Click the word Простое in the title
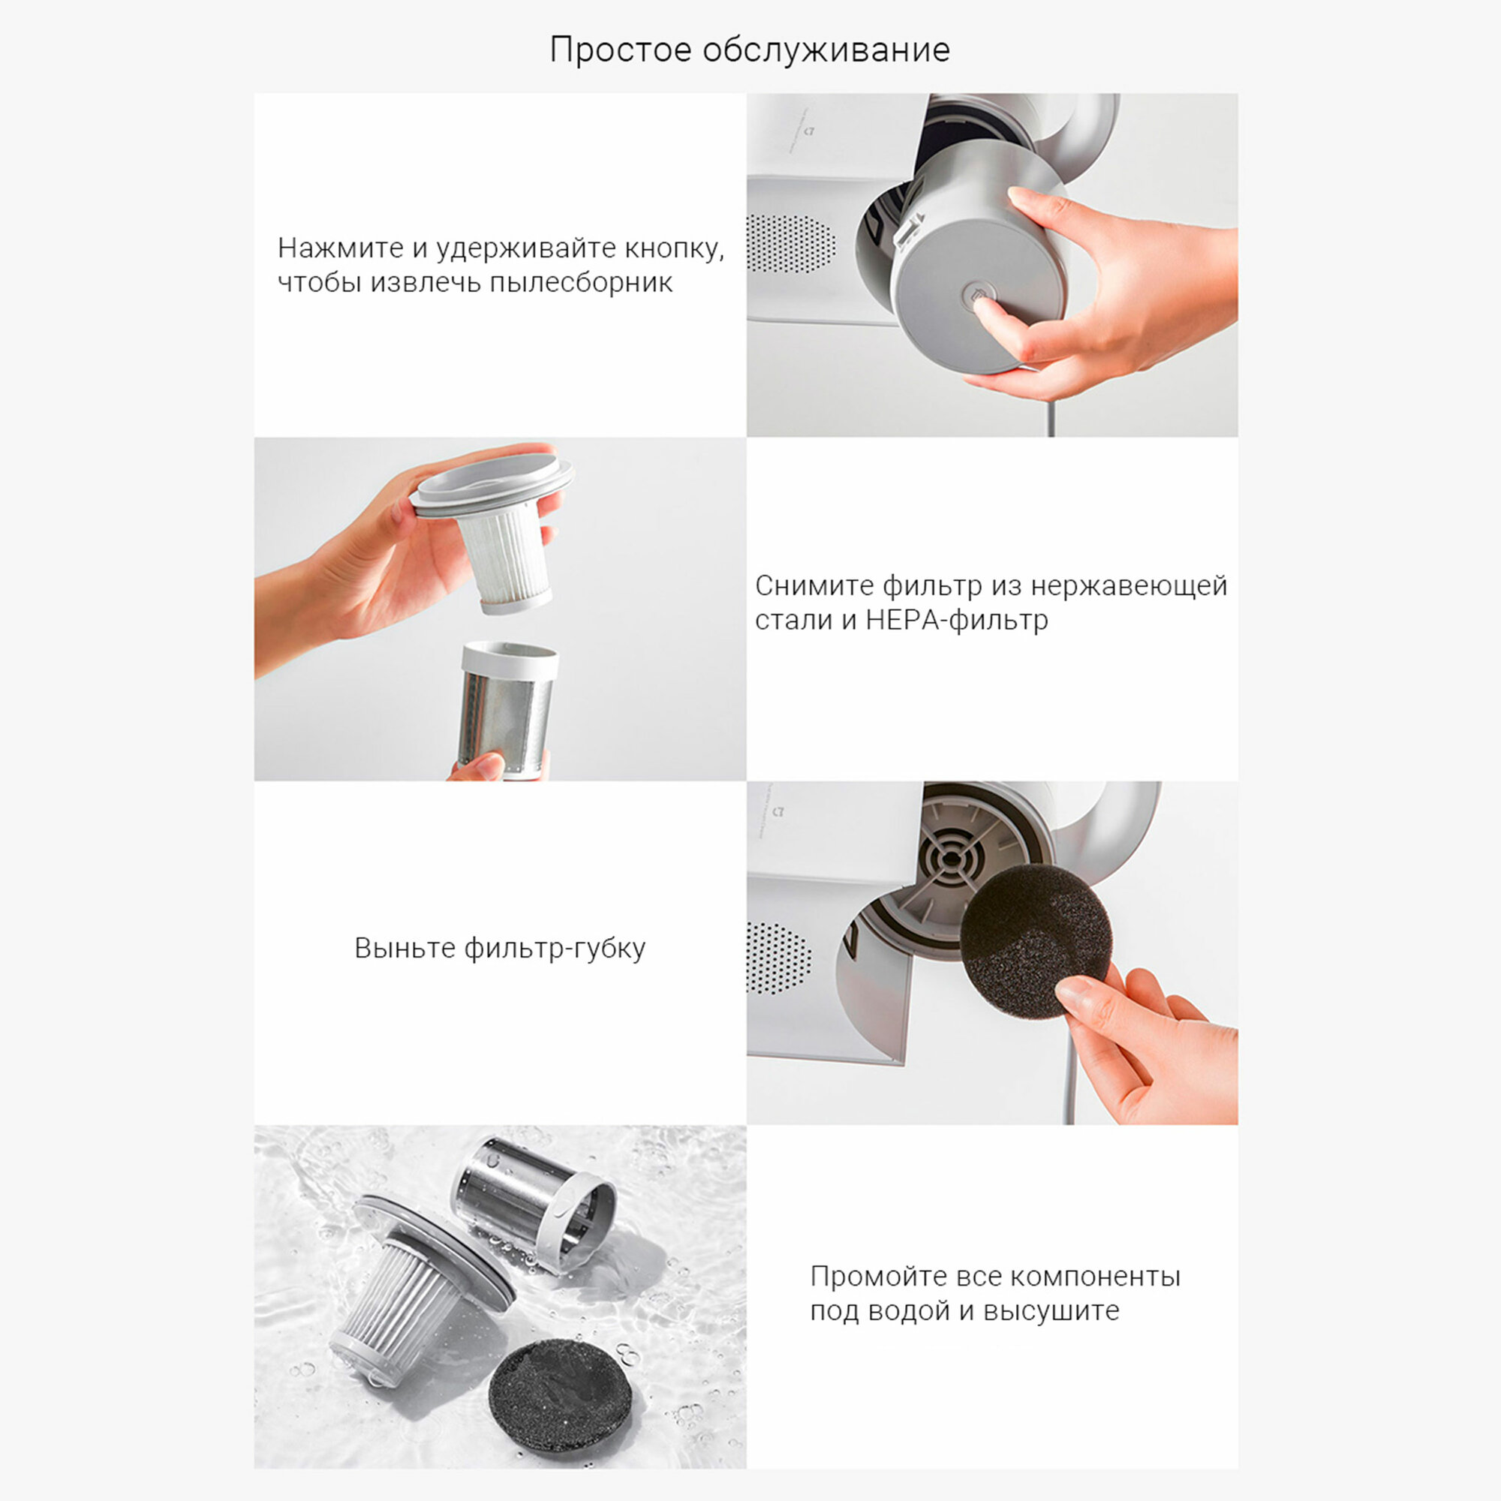coord(620,50)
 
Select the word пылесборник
coord(581,282)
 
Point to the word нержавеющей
coord(1129,585)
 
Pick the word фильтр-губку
coord(555,948)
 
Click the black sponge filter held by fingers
coord(1034,941)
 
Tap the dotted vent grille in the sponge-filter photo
coord(778,958)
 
